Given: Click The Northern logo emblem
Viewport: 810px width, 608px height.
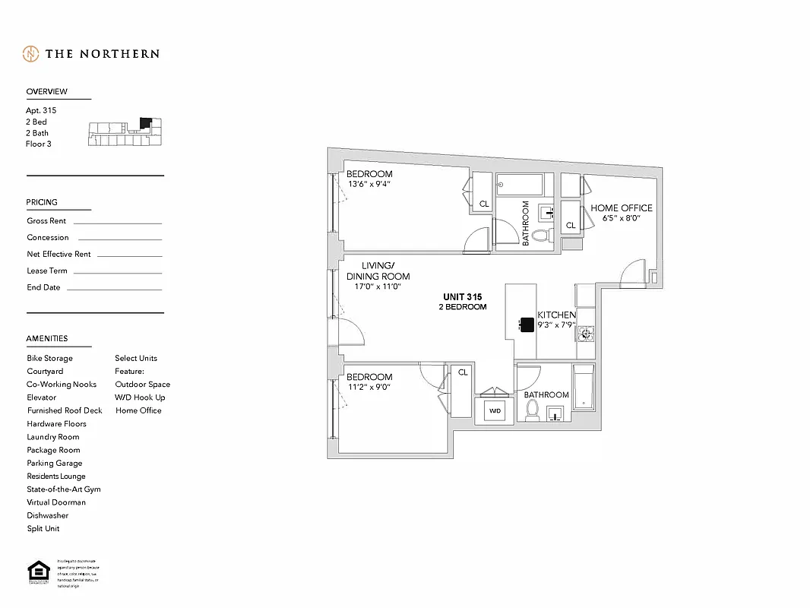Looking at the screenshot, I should (x=30, y=54).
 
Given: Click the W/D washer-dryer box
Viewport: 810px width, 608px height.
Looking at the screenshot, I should (x=495, y=411).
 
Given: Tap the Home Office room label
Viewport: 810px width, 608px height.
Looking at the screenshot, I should (x=621, y=207).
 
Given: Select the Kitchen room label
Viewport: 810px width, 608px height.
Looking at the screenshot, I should (x=556, y=315).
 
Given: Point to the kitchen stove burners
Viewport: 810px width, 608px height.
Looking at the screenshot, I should (x=586, y=332).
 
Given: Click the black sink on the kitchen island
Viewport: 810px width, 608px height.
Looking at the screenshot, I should (x=525, y=325).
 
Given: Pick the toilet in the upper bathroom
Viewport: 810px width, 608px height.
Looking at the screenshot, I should (x=540, y=236).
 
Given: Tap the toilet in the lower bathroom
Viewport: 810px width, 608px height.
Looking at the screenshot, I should (x=533, y=411).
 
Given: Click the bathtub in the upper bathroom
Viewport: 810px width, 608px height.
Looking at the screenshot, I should (x=520, y=185).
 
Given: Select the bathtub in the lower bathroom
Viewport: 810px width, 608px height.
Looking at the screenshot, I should (x=584, y=388).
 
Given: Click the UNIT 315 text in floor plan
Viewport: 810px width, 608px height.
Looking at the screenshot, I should (x=463, y=297).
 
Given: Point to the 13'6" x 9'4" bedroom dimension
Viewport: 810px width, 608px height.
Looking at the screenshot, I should (x=369, y=184).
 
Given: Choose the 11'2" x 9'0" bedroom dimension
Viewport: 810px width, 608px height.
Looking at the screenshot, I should (x=369, y=387).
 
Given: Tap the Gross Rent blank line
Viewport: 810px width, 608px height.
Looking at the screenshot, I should (x=117, y=223).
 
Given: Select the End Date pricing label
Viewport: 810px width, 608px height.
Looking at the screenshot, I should (x=43, y=287).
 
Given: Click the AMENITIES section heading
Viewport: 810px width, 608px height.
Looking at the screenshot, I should (x=47, y=338).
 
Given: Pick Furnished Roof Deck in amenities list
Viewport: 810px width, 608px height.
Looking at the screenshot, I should (x=65, y=410).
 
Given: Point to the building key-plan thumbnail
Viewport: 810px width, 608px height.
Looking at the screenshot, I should (x=125, y=132).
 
